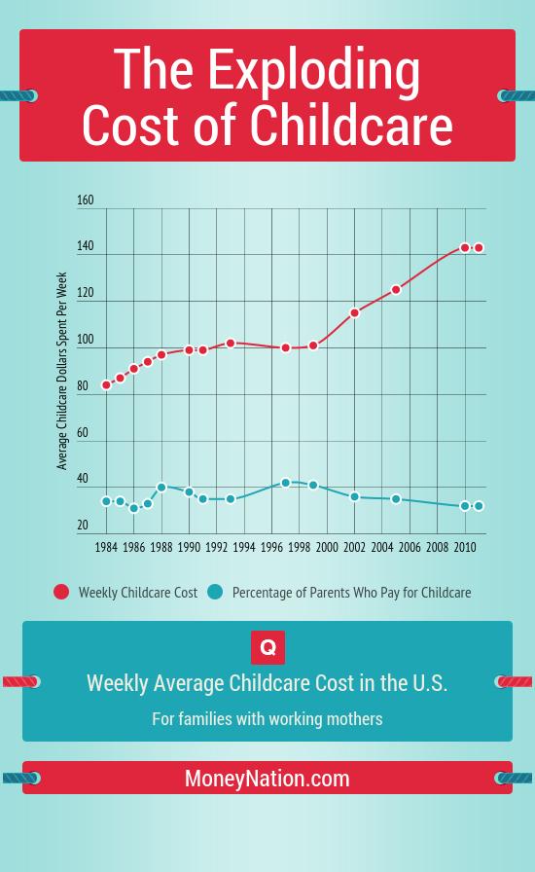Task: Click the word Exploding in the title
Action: pyautogui.click(x=313, y=72)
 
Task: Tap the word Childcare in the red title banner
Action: pyautogui.click(x=351, y=125)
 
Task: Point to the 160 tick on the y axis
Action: pyautogui.click(x=86, y=200)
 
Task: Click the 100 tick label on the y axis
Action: pyautogui.click(x=86, y=340)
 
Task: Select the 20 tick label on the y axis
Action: pyautogui.click(x=84, y=526)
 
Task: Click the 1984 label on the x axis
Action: pyautogui.click(x=107, y=548)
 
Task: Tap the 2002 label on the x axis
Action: pyautogui.click(x=355, y=548)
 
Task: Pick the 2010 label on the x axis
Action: pyautogui.click(x=465, y=548)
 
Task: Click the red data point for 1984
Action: pyautogui.click(x=107, y=385)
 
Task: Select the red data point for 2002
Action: pyautogui.click(x=355, y=313)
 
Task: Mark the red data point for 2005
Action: pyautogui.click(x=396, y=290)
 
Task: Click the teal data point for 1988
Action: pyautogui.click(x=161, y=488)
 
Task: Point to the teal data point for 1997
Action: pyautogui.click(x=286, y=483)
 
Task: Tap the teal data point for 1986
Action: pyautogui.click(x=134, y=508)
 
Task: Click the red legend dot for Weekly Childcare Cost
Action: pyautogui.click(x=61, y=592)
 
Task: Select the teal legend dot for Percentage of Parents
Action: pyautogui.click(x=215, y=592)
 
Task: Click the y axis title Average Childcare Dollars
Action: pyautogui.click(x=63, y=371)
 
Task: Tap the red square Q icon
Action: pyautogui.click(x=267, y=647)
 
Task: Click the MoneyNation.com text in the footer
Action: pyautogui.click(x=267, y=779)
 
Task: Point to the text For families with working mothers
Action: pyautogui.click(x=267, y=719)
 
